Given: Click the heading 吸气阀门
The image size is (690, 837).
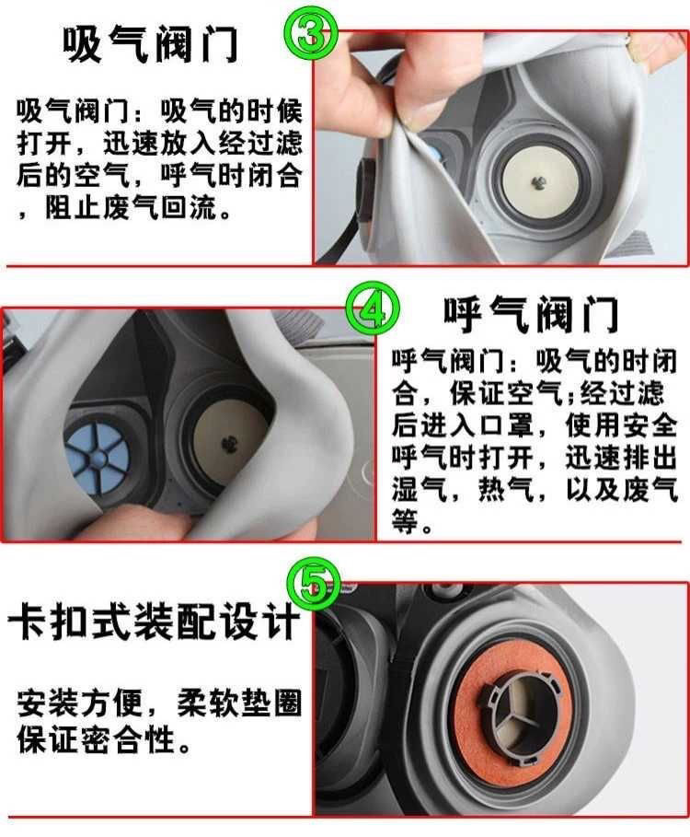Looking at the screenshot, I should tap(151, 44).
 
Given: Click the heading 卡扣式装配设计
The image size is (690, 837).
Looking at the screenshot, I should tap(153, 623).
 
